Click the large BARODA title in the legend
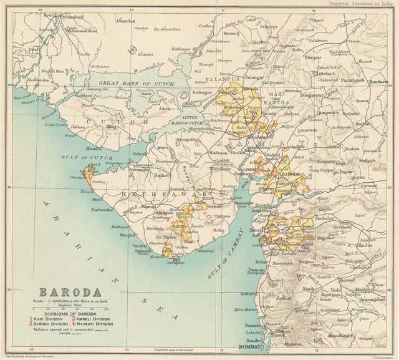[70, 291]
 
